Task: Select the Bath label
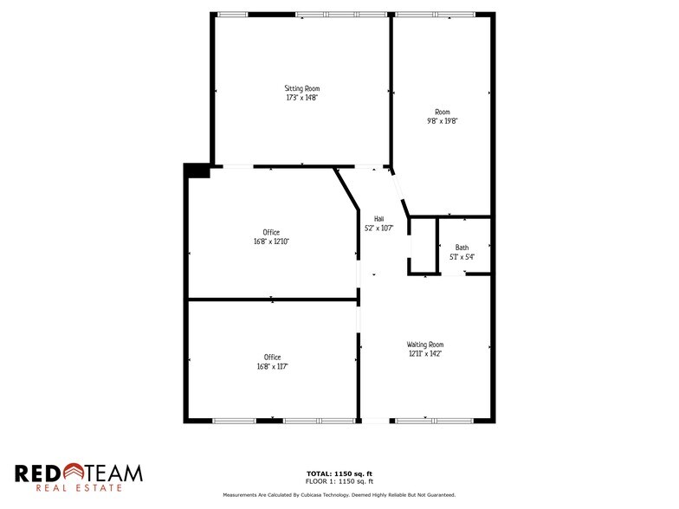coord(462,248)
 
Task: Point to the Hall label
coord(378,219)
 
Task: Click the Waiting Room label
coord(425,345)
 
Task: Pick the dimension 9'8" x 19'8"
coord(443,121)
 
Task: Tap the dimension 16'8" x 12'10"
coord(271,242)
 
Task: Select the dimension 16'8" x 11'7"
coord(272,367)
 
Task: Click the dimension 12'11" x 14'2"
coord(425,354)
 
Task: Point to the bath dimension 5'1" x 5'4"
coord(462,257)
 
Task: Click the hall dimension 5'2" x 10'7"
coord(378,229)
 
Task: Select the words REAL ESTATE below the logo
coord(79,489)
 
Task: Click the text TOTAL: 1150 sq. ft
coord(339,473)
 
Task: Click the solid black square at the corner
coord(197,171)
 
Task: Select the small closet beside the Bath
coord(423,247)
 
